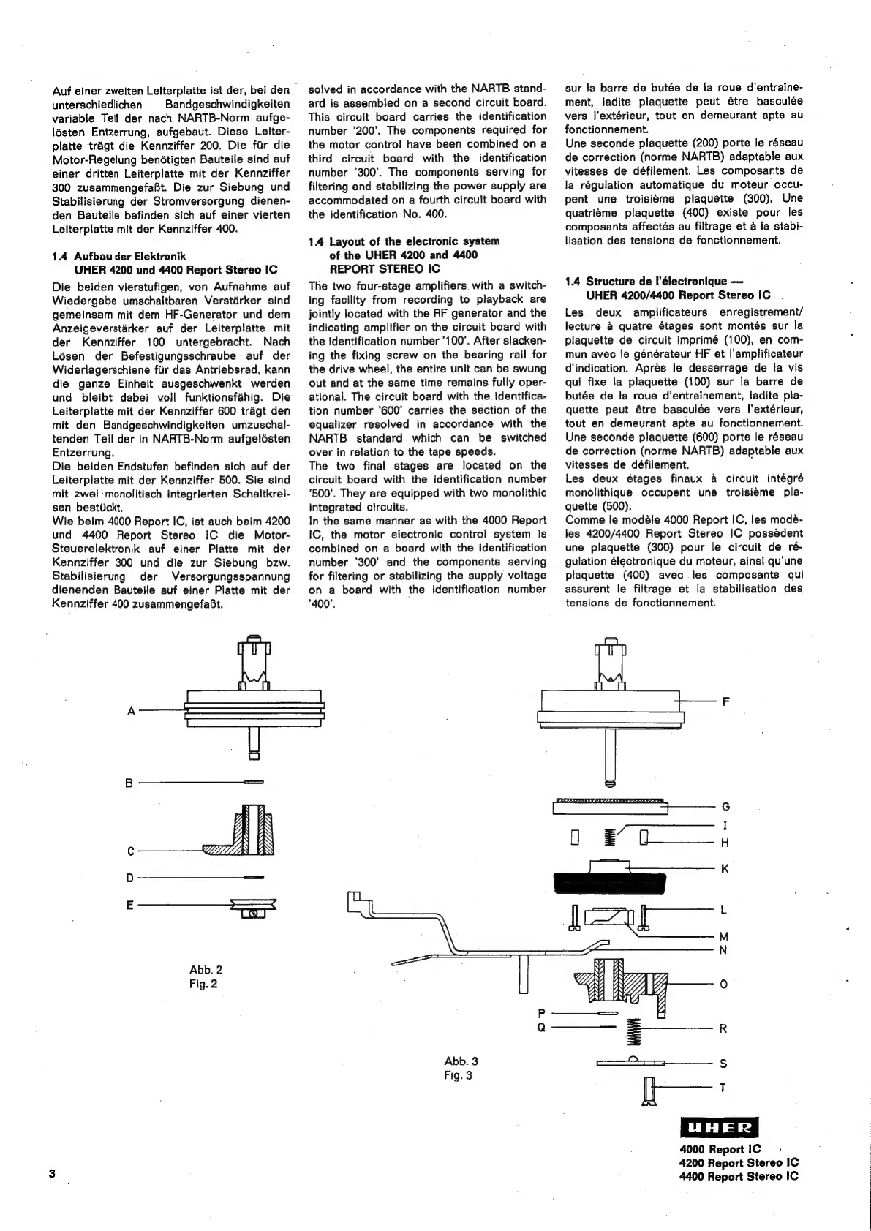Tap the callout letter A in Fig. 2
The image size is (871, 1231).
132,710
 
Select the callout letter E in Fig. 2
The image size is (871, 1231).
130,905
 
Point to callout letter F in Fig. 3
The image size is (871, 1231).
725,701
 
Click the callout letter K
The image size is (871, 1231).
725,869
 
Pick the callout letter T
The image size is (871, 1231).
723,1088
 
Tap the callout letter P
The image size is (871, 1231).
541,1013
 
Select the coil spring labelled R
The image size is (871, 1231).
636,1031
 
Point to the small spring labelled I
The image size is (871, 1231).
612,837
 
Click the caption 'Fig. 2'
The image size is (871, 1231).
203,984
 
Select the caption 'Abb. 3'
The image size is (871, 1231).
461,1061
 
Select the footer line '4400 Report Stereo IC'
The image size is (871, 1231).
739,1176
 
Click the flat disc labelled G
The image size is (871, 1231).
611,807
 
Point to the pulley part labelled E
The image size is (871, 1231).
252,907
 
